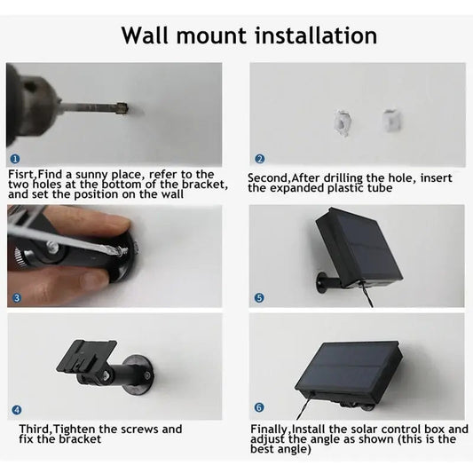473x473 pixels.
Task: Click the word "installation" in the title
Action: tap(316, 35)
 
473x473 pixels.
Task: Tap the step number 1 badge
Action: tap(15, 159)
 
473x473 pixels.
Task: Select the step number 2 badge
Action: tap(259, 159)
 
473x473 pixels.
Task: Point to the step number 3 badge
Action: tap(17, 298)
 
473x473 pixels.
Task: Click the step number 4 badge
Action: tap(17, 410)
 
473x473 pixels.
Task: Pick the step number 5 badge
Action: tap(259, 298)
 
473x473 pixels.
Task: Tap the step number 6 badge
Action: tap(259, 407)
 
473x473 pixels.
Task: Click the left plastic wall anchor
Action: tap(343, 123)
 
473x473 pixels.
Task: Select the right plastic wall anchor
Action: tap(391, 121)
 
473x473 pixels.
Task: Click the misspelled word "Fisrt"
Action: tap(22, 174)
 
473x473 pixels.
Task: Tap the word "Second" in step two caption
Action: tap(267, 178)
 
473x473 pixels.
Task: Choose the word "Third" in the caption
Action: tap(35, 429)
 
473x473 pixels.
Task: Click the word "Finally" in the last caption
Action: tap(269, 430)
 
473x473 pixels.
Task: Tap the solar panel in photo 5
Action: tap(359, 246)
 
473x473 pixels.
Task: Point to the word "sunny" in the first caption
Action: tap(91, 175)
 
